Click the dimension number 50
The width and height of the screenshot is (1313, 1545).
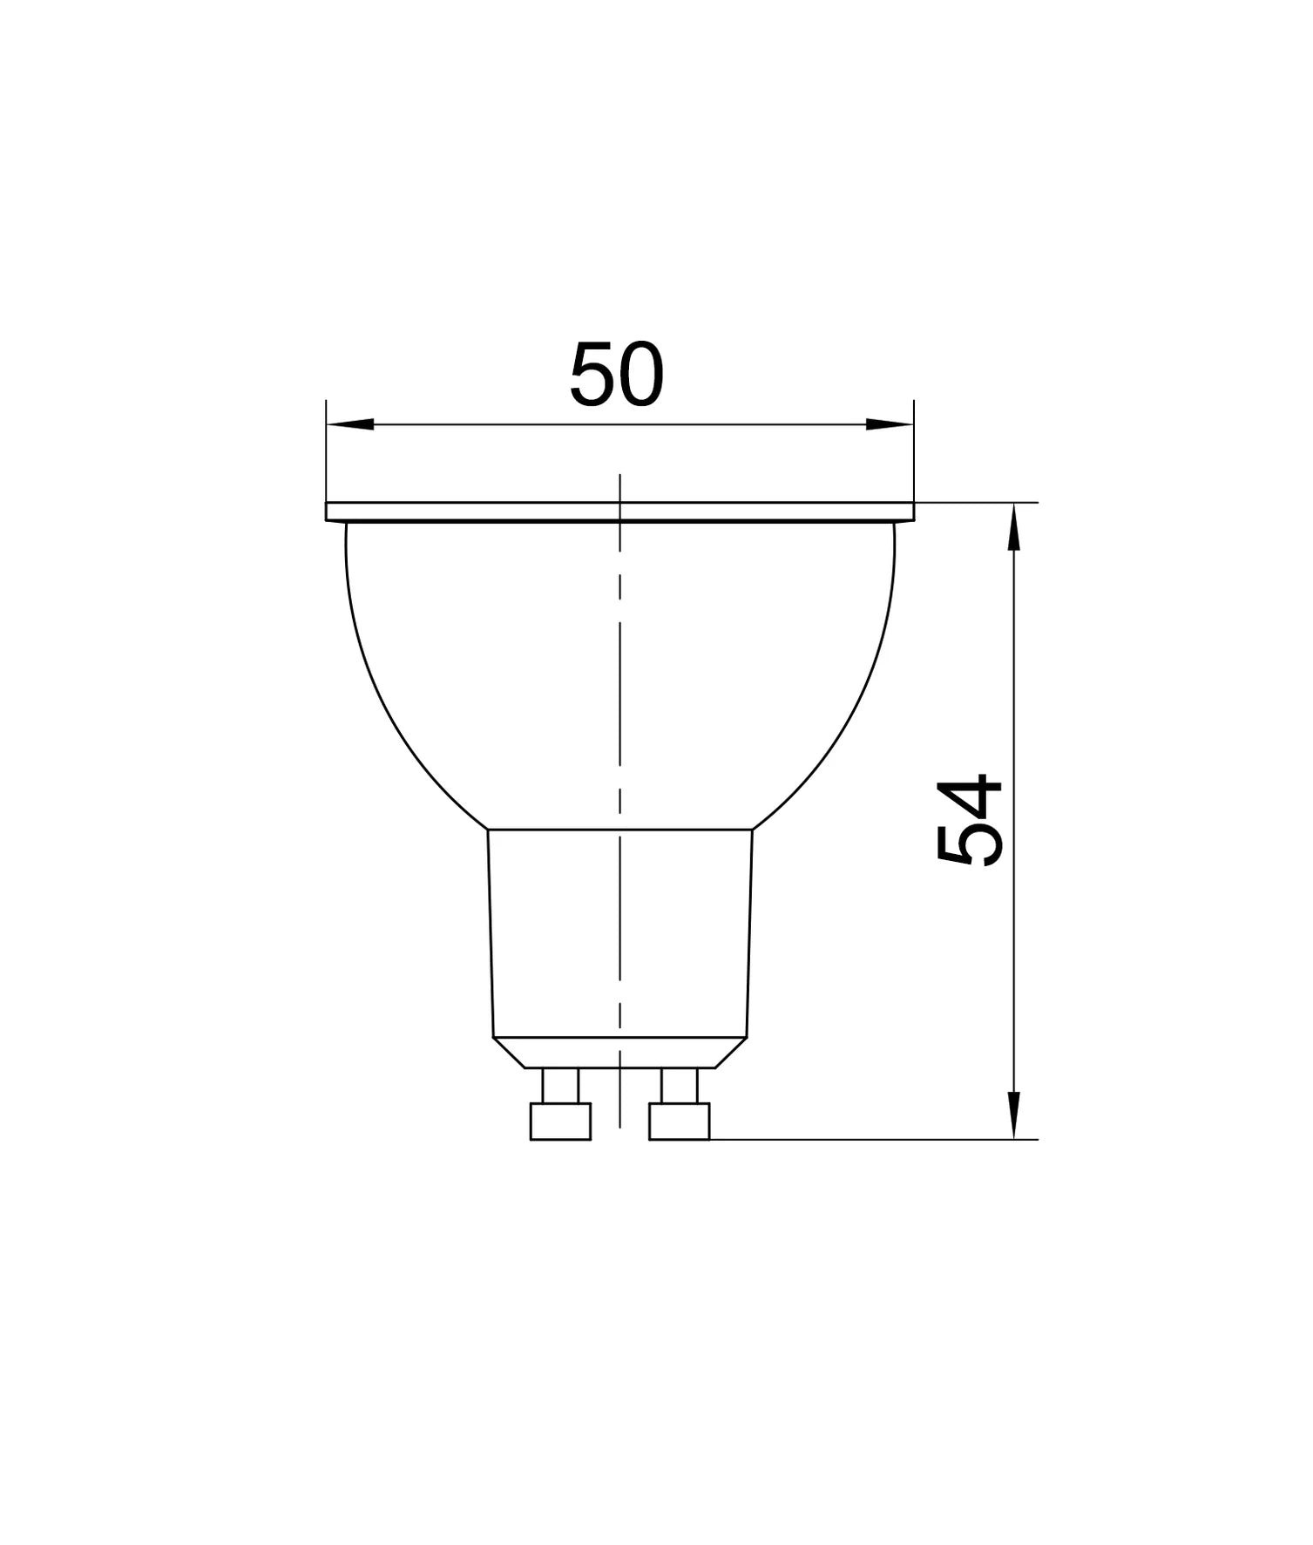point(616,376)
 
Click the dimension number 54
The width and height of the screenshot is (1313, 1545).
point(969,820)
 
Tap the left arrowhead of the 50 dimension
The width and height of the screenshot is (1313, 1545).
point(350,424)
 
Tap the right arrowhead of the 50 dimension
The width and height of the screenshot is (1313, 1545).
point(890,424)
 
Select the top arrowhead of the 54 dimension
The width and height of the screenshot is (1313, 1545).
point(1013,529)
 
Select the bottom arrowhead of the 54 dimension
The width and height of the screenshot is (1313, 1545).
point(1013,1114)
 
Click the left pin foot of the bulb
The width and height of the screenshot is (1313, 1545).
point(560,1121)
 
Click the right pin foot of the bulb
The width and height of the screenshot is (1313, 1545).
point(679,1121)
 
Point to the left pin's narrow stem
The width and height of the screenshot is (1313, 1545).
point(560,1085)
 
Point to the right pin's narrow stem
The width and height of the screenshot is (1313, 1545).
point(679,1085)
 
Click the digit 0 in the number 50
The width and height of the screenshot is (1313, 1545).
point(641,376)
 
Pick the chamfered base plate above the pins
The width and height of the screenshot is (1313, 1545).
point(619,1052)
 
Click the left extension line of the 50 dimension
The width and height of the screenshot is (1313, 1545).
point(326,453)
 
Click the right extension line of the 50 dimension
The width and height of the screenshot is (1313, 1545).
point(914,453)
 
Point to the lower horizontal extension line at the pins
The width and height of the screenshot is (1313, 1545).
point(871,1139)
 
